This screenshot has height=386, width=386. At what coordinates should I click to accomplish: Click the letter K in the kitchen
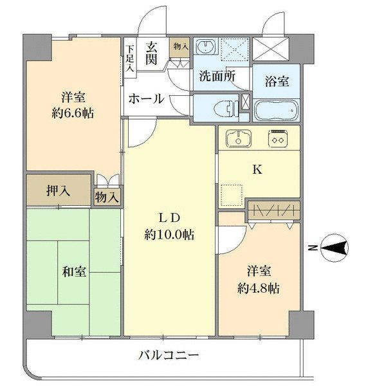coord(257,170)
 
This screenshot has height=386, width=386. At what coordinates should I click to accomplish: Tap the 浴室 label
coord(276,82)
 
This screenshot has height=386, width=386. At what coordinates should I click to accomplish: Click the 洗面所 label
coord(216,75)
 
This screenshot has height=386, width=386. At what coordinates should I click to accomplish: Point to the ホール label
coord(145,99)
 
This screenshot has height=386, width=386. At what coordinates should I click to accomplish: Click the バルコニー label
coord(169,354)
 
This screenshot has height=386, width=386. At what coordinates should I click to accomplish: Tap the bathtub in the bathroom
coord(276,110)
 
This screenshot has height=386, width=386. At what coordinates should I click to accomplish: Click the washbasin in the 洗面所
coord(207,48)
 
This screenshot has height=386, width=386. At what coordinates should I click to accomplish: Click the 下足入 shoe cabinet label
coord(129,57)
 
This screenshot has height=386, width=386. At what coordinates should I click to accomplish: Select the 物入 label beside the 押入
coord(107,197)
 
